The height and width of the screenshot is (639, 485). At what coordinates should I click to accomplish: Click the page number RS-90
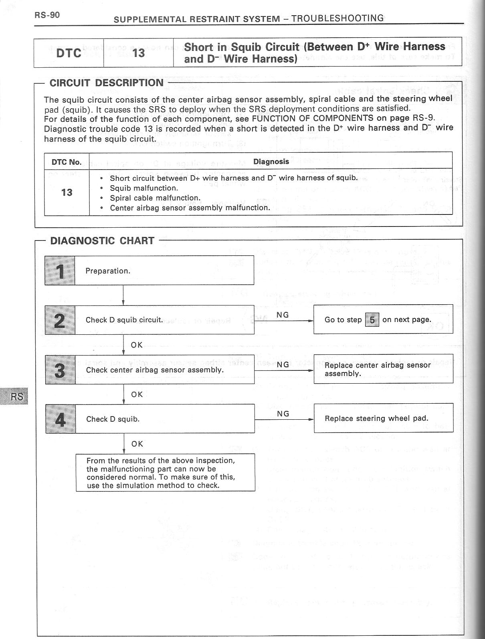(x=47, y=15)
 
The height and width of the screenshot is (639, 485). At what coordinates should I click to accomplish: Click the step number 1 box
(x=60, y=270)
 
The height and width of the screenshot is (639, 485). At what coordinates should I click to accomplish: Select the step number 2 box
(x=60, y=319)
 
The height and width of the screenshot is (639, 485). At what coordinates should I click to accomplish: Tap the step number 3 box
(x=60, y=369)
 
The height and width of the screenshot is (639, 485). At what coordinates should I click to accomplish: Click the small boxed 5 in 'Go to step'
(x=372, y=320)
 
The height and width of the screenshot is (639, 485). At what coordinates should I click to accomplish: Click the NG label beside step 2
(x=283, y=315)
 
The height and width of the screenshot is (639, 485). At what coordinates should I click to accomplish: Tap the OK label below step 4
(x=137, y=444)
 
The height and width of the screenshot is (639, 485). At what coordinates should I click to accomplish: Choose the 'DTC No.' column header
(x=67, y=162)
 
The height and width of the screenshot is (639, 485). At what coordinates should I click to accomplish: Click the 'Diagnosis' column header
(x=271, y=162)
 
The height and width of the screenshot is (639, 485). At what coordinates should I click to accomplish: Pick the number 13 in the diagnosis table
(x=67, y=192)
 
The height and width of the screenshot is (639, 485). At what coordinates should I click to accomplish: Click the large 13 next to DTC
(x=138, y=53)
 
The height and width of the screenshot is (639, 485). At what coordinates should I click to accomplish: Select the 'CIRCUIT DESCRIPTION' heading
(x=106, y=83)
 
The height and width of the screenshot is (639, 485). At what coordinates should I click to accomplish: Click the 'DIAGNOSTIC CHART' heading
(x=102, y=241)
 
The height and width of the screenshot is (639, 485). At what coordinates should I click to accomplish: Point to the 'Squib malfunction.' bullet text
(x=144, y=188)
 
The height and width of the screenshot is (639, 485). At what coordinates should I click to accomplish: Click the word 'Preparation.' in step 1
(x=108, y=271)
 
